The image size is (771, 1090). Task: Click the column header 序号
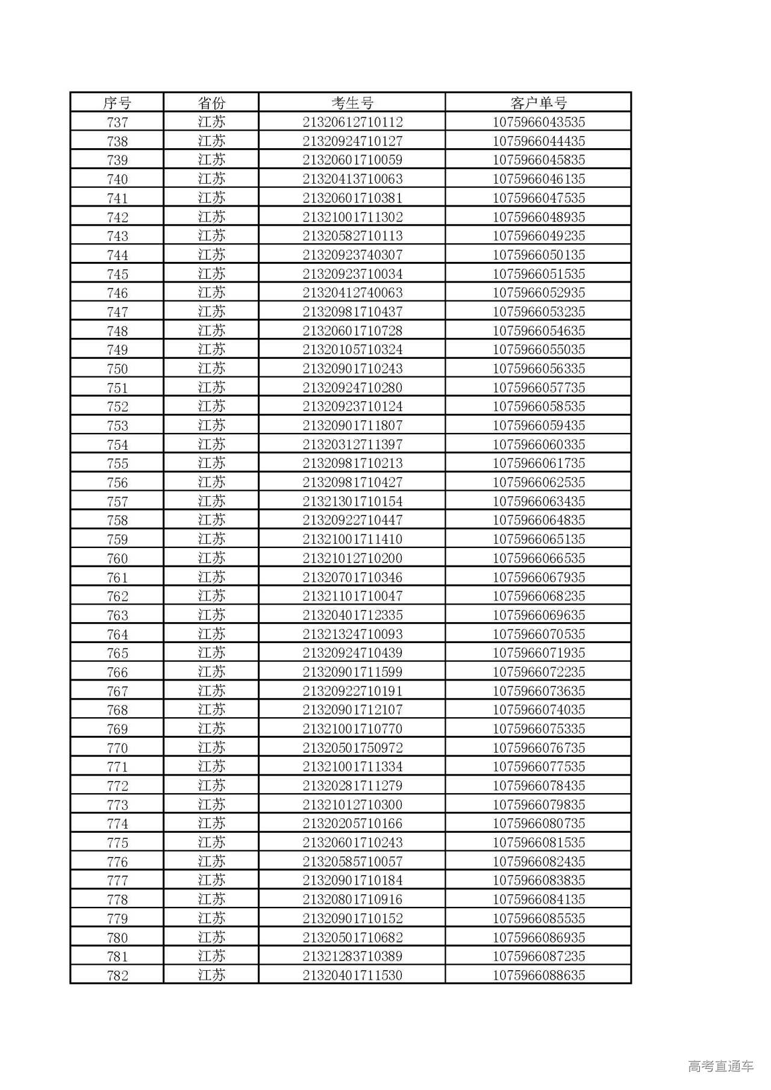pyautogui.click(x=117, y=103)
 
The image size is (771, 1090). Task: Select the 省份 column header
pyautogui.click(x=211, y=103)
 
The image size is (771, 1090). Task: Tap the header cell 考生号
pyautogui.click(x=352, y=103)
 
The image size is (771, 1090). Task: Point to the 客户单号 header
pyautogui.click(x=538, y=103)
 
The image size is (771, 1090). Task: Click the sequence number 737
pyautogui.click(x=117, y=122)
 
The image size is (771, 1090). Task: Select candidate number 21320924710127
pyautogui.click(x=352, y=142)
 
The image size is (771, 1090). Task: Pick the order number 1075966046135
pyautogui.click(x=538, y=179)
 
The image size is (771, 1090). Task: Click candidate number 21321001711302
pyautogui.click(x=352, y=217)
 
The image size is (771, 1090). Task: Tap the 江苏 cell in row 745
pyautogui.click(x=211, y=274)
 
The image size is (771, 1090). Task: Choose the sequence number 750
pyautogui.click(x=117, y=369)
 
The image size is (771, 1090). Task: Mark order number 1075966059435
pyautogui.click(x=538, y=426)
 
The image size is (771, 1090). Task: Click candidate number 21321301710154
pyautogui.click(x=352, y=502)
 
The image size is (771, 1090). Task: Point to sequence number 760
pyautogui.click(x=117, y=558)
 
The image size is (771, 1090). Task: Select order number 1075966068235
pyautogui.click(x=538, y=596)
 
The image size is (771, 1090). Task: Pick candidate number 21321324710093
pyautogui.click(x=352, y=634)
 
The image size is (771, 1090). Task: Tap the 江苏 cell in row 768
pyautogui.click(x=211, y=710)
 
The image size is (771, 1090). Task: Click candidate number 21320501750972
pyautogui.click(x=352, y=748)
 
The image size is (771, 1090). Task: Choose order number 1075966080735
pyautogui.click(x=538, y=824)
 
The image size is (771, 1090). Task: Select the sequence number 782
pyautogui.click(x=117, y=976)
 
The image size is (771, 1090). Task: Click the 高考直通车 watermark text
pyautogui.click(x=720, y=1067)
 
